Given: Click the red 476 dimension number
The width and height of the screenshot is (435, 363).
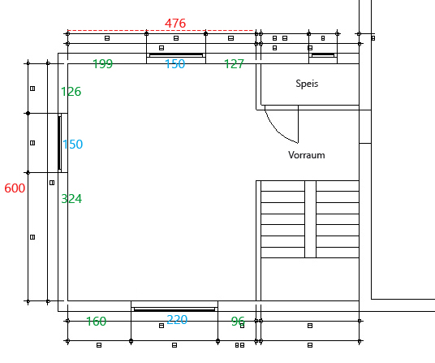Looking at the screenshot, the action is coord(175,23).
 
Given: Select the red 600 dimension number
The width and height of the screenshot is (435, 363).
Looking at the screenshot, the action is coord(15,188).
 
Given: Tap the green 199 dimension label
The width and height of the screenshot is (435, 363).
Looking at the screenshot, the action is coord(102,64).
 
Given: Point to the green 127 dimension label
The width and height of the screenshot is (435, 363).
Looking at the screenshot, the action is coord(234,64).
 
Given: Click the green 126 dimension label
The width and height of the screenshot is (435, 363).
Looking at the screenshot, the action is coord(71,92).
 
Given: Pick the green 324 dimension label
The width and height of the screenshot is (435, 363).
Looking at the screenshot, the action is coord(71,199).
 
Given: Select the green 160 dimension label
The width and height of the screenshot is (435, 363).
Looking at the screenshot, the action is coord(97,322).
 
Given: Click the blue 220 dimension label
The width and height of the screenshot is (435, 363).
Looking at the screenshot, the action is coord(177,320).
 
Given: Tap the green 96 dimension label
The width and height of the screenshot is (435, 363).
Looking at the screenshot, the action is coord(238,322).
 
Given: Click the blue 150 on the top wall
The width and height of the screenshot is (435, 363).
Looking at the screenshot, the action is coord(175,64).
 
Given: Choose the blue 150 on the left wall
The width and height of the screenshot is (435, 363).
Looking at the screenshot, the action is coord(72,145).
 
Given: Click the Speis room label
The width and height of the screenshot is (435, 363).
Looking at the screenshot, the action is coord(307,84).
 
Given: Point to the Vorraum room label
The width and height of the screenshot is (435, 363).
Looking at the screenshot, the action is coord(307,155).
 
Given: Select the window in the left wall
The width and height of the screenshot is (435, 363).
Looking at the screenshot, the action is coord(59,143).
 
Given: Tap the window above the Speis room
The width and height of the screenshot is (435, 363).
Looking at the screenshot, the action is coord(323,55).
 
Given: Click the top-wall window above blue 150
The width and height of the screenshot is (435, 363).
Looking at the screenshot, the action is coord(176,55).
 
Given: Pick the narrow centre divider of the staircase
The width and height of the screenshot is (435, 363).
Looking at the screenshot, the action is coord(311,219).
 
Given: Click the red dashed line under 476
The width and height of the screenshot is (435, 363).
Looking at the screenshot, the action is coord(161,30).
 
